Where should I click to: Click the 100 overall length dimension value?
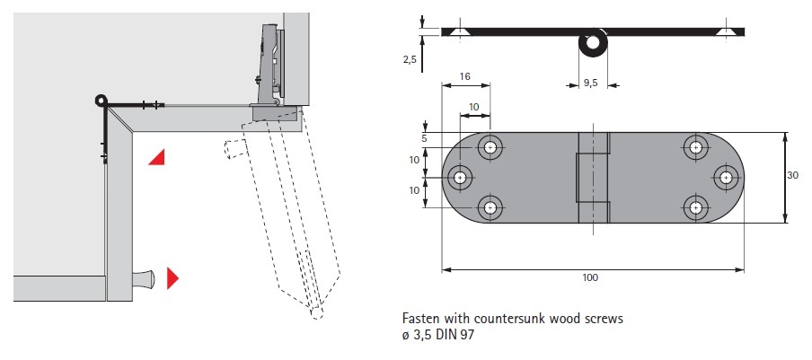[589, 277]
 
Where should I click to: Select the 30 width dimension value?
[793, 176]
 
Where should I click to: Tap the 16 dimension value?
[465, 78]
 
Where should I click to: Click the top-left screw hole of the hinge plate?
[490, 147]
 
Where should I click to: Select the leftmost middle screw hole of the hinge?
[461, 178]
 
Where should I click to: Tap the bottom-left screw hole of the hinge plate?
[490, 208]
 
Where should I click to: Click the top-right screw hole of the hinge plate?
[694, 147]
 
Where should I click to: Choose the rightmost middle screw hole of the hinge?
[724, 178]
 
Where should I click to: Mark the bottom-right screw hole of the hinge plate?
[694, 208]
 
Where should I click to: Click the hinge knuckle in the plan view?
[592, 178]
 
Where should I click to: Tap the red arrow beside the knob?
[173, 278]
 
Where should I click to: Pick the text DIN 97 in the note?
[456, 335]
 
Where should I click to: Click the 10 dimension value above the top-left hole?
[475, 107]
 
